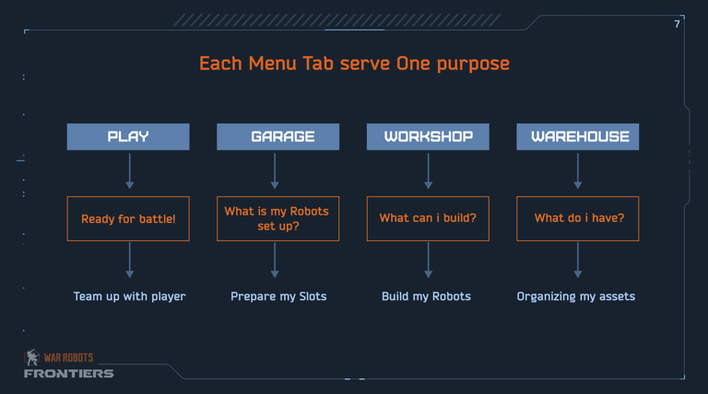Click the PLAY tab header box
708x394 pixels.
pos(128,136)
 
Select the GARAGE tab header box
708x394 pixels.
pos(277,136)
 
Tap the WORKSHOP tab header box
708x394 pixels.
pos(428,136)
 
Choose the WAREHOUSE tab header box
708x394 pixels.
pos(577,136)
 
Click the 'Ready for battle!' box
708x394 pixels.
pos(128,219)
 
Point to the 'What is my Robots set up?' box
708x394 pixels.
pos(277,219)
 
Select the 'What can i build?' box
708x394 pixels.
pos(428,219)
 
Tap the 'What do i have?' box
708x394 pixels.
pos(577,219)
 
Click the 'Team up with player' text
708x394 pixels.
pos(130,296)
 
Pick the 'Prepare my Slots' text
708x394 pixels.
pos(278,296)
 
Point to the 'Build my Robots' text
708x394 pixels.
pos(426,296)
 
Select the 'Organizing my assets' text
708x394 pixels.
pos(575,296)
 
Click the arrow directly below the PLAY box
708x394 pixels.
pos(130,171)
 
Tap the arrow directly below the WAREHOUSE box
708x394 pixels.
pos(577,171)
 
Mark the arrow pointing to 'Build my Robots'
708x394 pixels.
pos(428,261)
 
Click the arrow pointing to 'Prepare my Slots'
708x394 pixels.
pos(275,261)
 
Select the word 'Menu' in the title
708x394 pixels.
pos(272,64)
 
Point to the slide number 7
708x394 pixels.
pos(677,24)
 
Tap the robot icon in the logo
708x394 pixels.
pos(31,357)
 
